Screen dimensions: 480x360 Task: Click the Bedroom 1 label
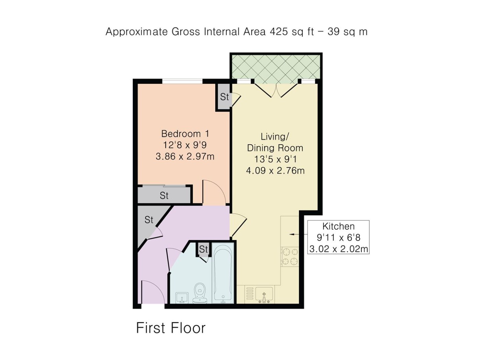tap(185, 134)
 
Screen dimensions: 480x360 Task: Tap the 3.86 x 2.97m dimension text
tap(185, 156)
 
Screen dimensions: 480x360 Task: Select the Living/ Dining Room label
tap(275, 142)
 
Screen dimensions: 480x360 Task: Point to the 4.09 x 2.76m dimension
tap(275, 170)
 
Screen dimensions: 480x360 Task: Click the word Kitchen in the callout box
tap(338, 226)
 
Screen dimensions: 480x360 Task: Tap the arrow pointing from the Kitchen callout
tap(298, 235)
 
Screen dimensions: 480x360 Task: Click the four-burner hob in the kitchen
tap(290, 256)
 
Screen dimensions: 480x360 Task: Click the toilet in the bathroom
tap(199, 293)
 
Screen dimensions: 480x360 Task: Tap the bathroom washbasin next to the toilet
tap(182, 298)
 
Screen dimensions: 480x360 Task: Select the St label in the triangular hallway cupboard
tap(149, 220)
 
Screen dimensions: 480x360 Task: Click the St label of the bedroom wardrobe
tap(164, 196)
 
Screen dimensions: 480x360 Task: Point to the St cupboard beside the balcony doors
tap(224, 97)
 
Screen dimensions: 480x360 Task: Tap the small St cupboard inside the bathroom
tap(204, 249)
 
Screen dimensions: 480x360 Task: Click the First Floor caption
tap(171, 328)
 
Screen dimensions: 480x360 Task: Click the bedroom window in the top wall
tap(182, 81)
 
